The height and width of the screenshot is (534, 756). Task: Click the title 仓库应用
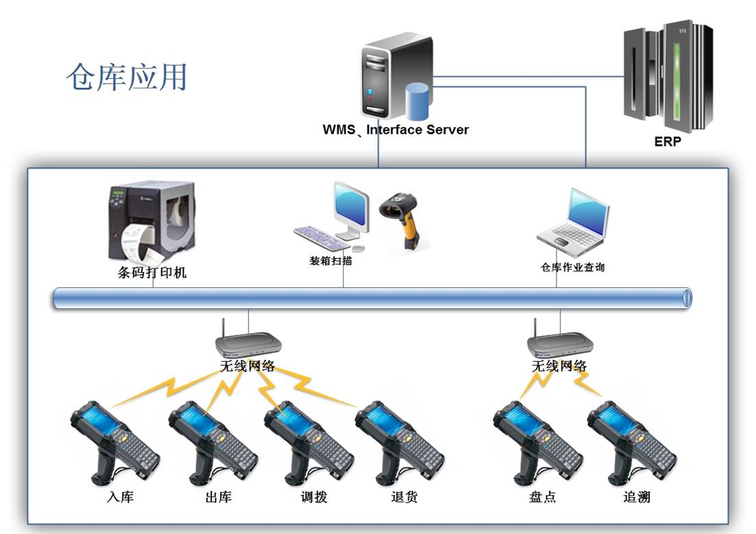click(x=127, y=77)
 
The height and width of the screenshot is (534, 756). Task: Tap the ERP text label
click(x=668, y=143)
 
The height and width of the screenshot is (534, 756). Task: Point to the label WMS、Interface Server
click(x=396, y=130)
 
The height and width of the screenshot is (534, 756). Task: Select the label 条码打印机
click(x=152, y=273)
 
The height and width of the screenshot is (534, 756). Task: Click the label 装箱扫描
click(x=331, y=260)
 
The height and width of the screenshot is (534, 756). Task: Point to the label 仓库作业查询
click(x=573, y=267)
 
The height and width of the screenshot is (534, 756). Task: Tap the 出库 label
click(x=218, y=497)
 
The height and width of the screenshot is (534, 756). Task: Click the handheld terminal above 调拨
click(x=307, y=439)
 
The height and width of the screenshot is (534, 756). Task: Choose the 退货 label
click(x=403, y=497)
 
